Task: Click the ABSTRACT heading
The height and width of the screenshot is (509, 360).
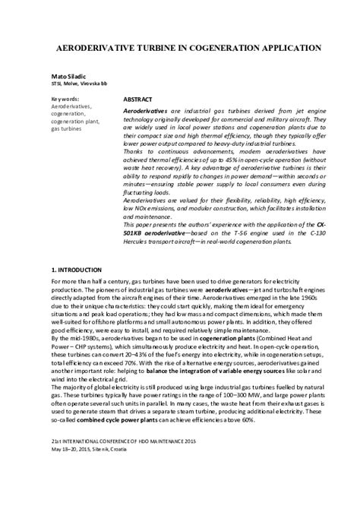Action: coord(137,100)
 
